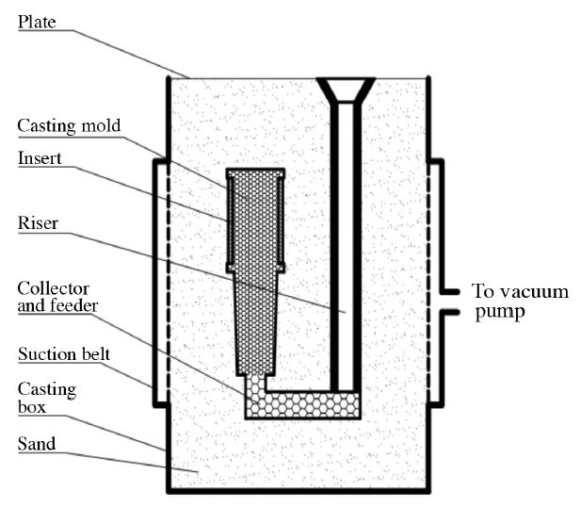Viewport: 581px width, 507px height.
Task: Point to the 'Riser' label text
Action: (x=38, y=224)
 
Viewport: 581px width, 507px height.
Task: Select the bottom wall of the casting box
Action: (x=299, y=490)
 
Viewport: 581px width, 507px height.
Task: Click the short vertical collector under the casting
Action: (x=253, y=386)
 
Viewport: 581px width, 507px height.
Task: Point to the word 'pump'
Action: (x=493, y=310)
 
